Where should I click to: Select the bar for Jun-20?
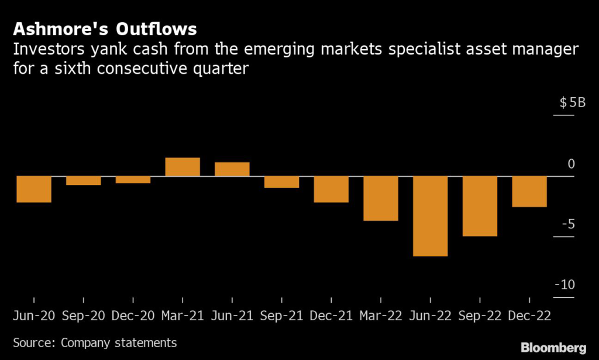[34, 189]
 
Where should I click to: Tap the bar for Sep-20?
[83, 180]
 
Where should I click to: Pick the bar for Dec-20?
[133, 180]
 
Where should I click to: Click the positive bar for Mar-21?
[183, 167]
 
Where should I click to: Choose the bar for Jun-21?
[232, 169]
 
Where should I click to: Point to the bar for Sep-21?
[282, 182]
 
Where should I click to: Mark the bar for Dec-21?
[331, 189]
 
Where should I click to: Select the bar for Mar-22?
[381, 198]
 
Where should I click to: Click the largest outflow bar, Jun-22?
[431, 216]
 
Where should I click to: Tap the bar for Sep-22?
[480, 206]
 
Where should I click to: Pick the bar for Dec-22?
[529, 191]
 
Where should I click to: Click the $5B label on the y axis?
[572, 103]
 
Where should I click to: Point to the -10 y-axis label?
[566, 285]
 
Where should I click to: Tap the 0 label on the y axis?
[572, 164]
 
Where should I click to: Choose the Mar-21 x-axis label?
[183, 316]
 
